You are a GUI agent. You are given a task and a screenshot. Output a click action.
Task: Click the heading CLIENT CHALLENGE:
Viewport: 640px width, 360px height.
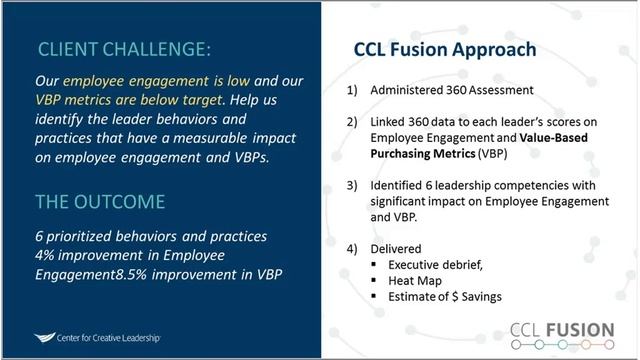124,48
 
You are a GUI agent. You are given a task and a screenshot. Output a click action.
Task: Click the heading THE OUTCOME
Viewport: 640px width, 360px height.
100,201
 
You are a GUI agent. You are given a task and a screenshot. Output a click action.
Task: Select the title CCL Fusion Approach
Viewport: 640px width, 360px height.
445,49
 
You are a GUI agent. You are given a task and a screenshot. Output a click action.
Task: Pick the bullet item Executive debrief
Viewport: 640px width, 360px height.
441,264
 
